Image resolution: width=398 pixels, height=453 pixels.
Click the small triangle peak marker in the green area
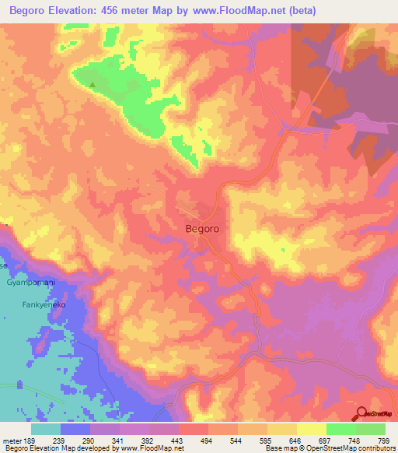(x=93, y=85)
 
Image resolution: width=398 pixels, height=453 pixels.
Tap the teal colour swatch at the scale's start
(x=46, y=428)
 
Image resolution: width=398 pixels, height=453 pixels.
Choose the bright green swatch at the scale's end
(x=371, y=428)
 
